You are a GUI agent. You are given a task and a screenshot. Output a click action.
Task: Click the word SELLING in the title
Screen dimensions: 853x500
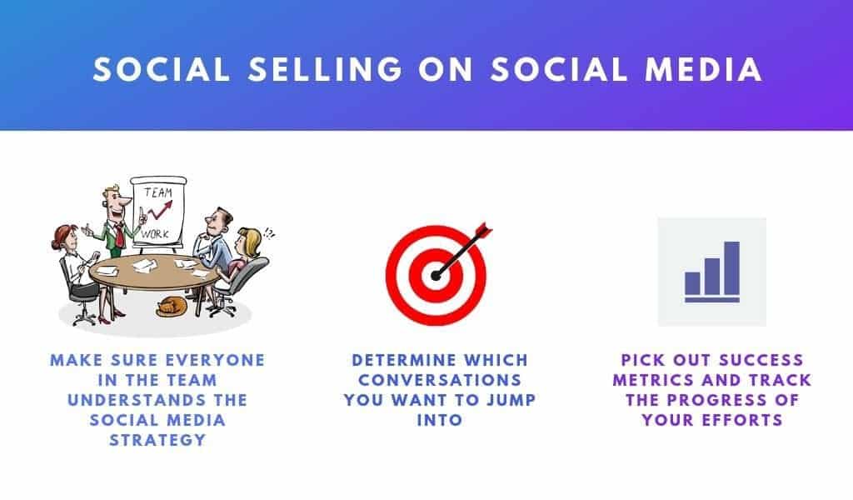click(326, 70)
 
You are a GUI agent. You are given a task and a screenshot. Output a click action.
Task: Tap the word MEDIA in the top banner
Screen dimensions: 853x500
click(703, 70)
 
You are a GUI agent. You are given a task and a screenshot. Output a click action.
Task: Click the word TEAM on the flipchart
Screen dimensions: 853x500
click(158, 192)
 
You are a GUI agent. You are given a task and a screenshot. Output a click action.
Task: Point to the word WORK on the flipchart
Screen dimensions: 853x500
click(155, 234)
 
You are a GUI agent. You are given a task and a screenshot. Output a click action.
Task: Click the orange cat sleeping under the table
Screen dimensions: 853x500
click(171, 307)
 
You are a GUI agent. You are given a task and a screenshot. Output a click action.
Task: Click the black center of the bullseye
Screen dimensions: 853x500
click(436, 276)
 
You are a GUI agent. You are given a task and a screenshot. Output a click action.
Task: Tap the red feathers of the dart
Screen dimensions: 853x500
click(484, 229)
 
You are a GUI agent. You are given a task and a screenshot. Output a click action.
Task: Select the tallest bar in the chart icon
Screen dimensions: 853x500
click(731, 267)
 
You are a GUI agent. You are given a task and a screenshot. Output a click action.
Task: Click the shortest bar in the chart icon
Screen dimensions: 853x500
click(692, 282)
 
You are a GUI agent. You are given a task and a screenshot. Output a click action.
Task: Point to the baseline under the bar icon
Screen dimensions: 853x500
click(712, 300)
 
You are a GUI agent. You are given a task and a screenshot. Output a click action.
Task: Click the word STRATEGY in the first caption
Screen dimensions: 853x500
click(157, 440)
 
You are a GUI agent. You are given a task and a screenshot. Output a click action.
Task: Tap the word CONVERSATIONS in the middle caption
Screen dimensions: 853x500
click(440, 380)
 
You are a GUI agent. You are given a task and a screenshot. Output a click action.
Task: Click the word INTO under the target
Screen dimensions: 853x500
click(440, 420)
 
